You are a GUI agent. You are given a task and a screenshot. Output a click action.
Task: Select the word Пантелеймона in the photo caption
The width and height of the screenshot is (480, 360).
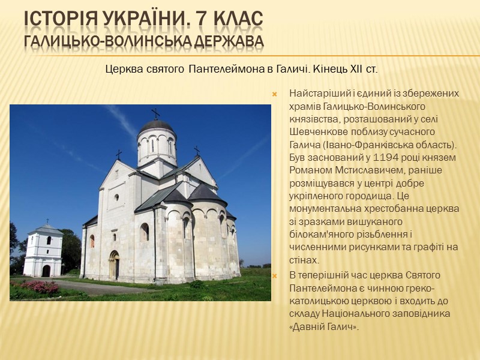pos(218,70)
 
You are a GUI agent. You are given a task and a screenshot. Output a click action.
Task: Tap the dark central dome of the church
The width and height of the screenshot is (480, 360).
pos(156,126)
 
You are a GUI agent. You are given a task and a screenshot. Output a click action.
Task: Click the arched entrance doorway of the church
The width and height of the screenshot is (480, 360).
pos(114,265)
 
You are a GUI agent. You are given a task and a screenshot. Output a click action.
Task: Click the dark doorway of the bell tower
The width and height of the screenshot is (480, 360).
pos(46,271)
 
